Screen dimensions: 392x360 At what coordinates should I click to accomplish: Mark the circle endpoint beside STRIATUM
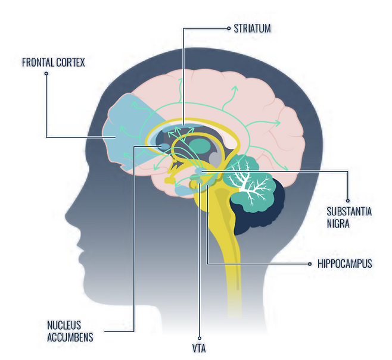pyautogui.click(x=228, y=27)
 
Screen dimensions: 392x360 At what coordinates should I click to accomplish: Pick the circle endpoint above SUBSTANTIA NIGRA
pyautogui.click(x=348, y=200)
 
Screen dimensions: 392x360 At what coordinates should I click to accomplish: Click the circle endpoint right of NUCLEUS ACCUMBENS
pyautogui.click(x=105, y=331)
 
